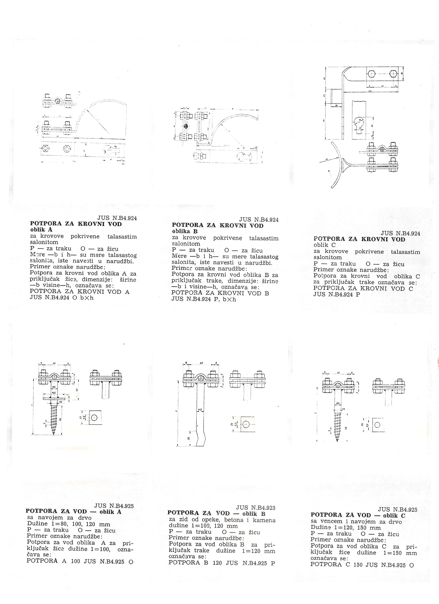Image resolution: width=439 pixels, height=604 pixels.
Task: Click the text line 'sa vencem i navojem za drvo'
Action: coord(356,522)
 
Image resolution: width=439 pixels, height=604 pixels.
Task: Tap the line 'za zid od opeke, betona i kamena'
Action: coord(222,520)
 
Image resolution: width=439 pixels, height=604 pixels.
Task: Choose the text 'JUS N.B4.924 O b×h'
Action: coord(61,298)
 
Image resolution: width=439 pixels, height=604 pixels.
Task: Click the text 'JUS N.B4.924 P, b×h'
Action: coord(204,299)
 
